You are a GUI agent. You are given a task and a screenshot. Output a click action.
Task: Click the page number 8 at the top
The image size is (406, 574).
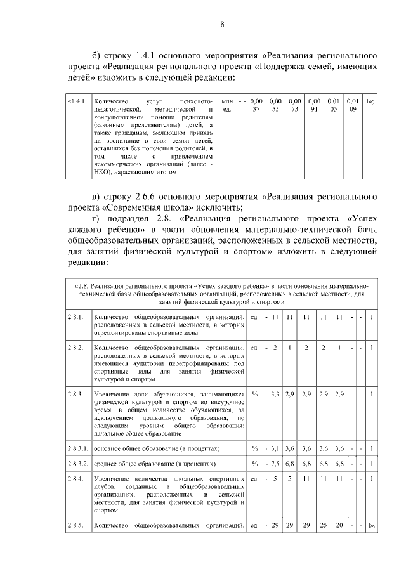point(222,25)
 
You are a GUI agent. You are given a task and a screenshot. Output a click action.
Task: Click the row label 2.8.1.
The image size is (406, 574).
point(75,316)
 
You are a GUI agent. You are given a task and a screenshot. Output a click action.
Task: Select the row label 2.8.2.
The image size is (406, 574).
point(75,348)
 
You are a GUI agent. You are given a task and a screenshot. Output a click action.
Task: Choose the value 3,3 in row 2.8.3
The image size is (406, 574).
point(275,395)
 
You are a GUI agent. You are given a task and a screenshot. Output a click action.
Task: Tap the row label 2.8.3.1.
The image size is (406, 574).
point(78,448)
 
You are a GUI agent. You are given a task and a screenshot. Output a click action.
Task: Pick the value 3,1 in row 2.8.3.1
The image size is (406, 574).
point(275,448)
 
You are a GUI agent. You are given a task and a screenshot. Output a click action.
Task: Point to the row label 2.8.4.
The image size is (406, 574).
point(75,477)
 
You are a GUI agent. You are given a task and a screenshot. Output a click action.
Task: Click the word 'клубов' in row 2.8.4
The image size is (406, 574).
point(103,485)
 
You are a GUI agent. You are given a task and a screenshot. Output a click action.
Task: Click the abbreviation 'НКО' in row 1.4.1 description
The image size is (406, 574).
point(103,171)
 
